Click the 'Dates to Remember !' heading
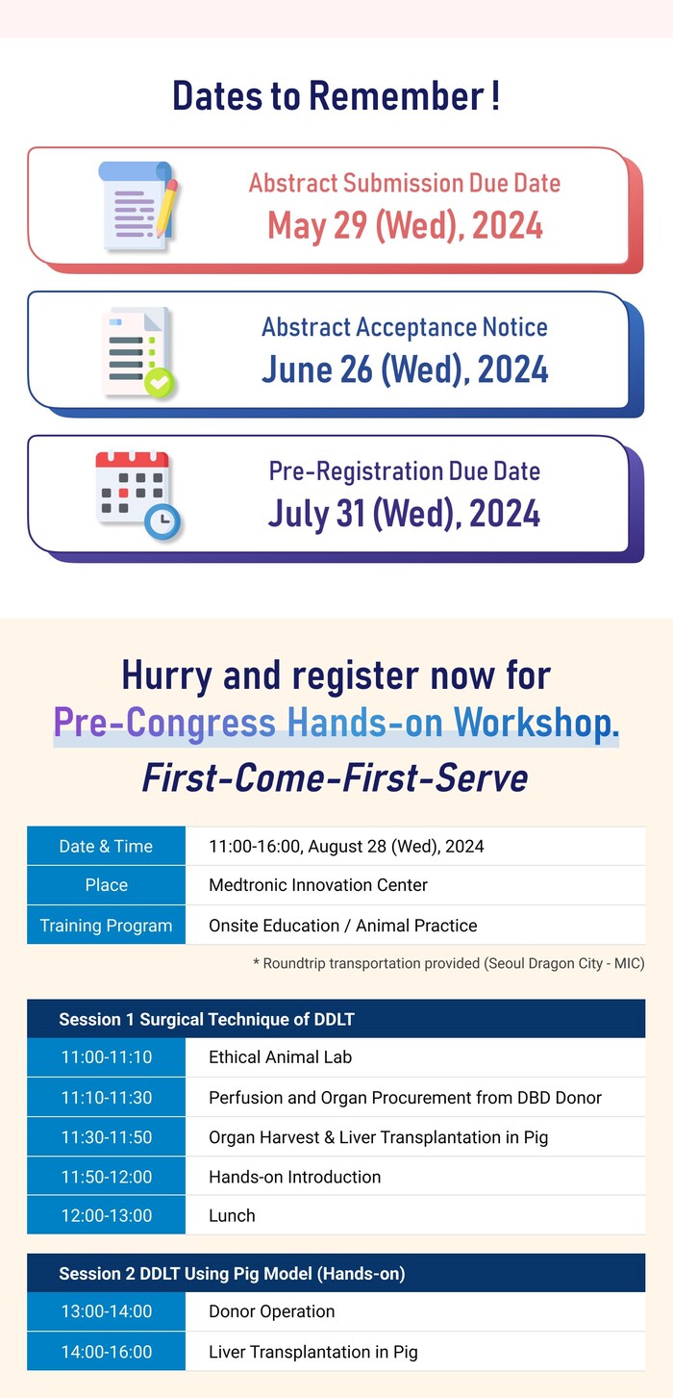pyautogui.click(x=336, y=96)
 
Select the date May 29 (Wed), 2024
pyautogui.click(x=405, y=225)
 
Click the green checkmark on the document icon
pyautogui.click(x=159, y=382)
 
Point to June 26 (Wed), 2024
pyautogui.click(x=405, y=369)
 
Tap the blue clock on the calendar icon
pyautogui.click(x=162, y=521)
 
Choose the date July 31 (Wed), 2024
pyautogui.click(x=404, y=514)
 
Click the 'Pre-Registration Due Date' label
pyautogui.click(x=404, y=471)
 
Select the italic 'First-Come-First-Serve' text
pyautogui.click(x=335, y=778)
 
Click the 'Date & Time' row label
pyautogui.click(x=106, y=847)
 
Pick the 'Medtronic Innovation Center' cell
pyautogui.click(x=318, y=885)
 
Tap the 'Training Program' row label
pyautogui.click(x=106, y=926)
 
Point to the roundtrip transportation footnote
pyautogui.click(x=448, y=963)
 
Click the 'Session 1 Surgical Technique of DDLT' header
pyautogui.click(x=207, y=1019)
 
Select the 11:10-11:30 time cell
pyautogui.click(x=106, y=1097)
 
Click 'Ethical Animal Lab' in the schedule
pyautogui.click(x=280, y=1057)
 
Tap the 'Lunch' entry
pyautogui.click(x=232, y=1216)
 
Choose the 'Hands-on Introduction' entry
pyautogui.click(x=294, y=1177)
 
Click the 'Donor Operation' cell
pyautogui.click(x=271, y=1311)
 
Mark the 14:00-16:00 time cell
pyautogui.click(x=106, y=1352)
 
